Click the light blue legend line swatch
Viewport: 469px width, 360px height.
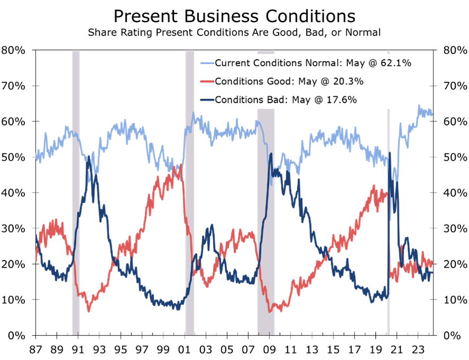pyautogui.click(x=207, y=63)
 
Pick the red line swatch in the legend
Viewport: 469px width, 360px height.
pyautogui.click(x=207, y=82)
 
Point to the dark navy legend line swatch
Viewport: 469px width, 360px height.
pyautogui.click(x=207, y=100)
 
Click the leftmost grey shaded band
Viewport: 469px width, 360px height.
pyautogui.click(x=76, y=191)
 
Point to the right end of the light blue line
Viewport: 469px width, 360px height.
pyautogui.click(x=432, y=114)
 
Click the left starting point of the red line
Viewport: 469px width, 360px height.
pyautogui.click(x=36, y=260)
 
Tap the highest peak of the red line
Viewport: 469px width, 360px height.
pyautogui.click(x=182, y=165)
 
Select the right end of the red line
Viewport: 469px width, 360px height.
pyautogui.click(x=432, y=262)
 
